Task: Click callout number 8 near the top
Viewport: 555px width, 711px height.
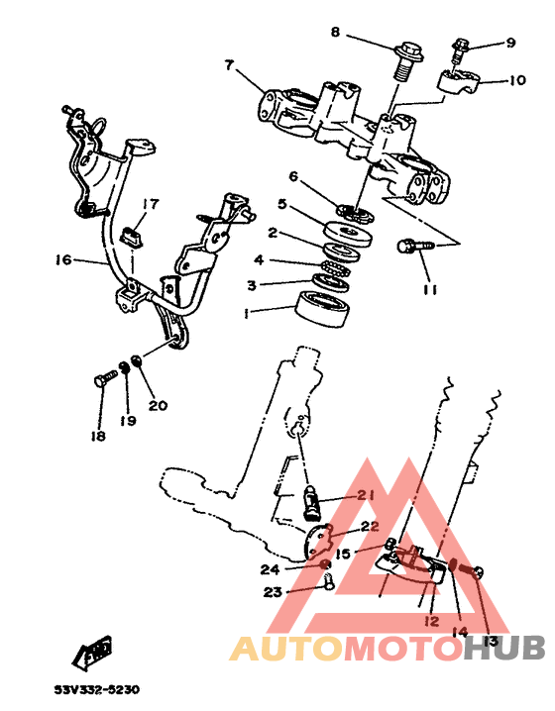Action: pyautogui.click(x=335, y=33)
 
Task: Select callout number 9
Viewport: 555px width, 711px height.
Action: pyautogui.click(x=510, y=43)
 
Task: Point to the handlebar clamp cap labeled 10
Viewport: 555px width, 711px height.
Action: pyautogui.click(x=459, y=82)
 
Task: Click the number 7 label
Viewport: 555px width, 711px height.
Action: pyautogui.click(x=229, y=65)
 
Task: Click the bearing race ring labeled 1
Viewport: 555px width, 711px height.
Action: pyautogui.click(x=323, y=310)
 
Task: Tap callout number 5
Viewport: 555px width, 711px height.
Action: pyautogui.click(x=282, y=204)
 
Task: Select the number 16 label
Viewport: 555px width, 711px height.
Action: pyautogui.click(x=63, y=259)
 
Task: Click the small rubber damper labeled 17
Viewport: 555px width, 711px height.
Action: pyautogui.click(x=132, y=236)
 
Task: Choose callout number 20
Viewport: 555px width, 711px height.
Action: pyautogui.click(x=158, y=405)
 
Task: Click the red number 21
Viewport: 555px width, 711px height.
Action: pyautogui.click(x=366, y=495)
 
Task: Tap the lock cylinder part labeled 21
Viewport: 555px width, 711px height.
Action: pyautogui.click(x=311, y=502)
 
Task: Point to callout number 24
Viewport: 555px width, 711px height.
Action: pyautogui.click(x=270, y=569)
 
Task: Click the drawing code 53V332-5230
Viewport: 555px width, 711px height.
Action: pyautogui.click(x=97, y=689)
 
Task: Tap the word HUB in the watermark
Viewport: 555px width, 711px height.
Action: pyautogui.click(x=503, y=647)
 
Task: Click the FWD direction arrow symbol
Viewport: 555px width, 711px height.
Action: pyautogui.click(x=93, y=653)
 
